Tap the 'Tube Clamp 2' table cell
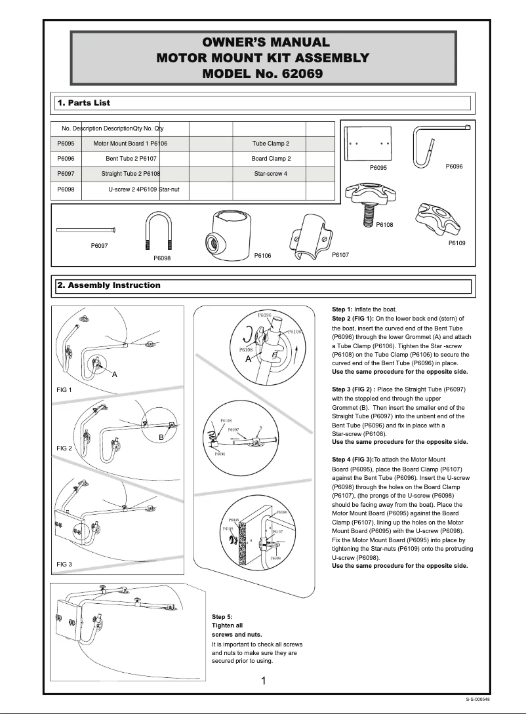pyautogui.click(x=270, y=144)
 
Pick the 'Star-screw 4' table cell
pyautogui.click(x=270, y=174)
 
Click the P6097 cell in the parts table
pyautogui.click(x=66, y=174)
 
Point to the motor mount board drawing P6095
pyautogui.click(x=369, y=142)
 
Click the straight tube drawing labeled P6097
pyautogui.click(x=87, y=229)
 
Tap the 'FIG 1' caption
pyautogui.click(x=64, y=390)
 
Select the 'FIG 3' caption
pyautogui.click(x=64, y=565)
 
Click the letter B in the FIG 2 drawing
pyautogui.click(x=161, y=437)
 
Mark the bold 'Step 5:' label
pyautogui.click(x=222, y=617)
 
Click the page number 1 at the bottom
pyautogui.click(x=263, y=681)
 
